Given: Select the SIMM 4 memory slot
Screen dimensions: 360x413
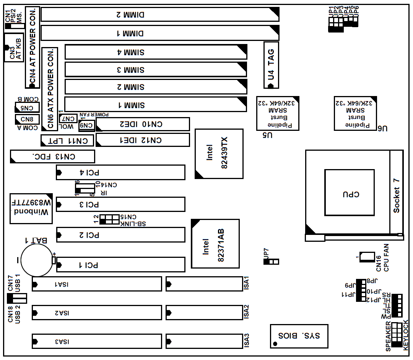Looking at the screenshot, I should point(156,52).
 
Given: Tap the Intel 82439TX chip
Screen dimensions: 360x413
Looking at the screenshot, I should point(219,153).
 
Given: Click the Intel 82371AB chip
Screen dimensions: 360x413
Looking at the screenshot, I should point(215,243).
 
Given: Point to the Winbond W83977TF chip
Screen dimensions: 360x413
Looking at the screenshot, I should point(31,209).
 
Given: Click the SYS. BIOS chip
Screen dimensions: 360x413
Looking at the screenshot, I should point(299,336).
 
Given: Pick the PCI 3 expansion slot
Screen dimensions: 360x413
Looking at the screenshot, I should point(120,204).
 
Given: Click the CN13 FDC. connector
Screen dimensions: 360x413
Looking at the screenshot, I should point(52,156).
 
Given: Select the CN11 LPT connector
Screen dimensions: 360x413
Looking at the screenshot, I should point(67,140).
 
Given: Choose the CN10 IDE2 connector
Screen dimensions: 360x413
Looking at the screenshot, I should point(143,124).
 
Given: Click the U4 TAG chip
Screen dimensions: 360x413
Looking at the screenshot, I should point(271,65).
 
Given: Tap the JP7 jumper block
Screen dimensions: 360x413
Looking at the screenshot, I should point(271,262).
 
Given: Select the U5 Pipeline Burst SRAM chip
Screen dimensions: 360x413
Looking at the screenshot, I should point(278,113).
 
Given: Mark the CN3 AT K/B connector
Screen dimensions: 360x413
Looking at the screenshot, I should point(13,47).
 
